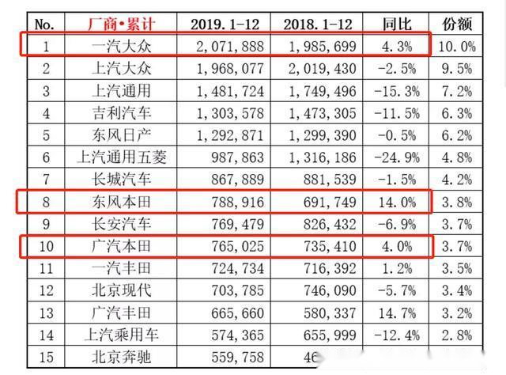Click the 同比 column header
(x=396, y=23)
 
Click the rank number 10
(x=47, y=246)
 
